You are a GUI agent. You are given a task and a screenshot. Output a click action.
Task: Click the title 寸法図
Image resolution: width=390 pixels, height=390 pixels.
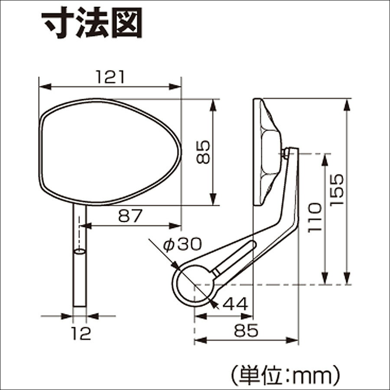pos(92,23)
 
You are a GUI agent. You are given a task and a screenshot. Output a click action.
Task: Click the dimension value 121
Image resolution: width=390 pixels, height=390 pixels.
pos(110,77)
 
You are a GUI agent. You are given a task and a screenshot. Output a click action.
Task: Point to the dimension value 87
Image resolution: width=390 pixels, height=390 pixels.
pos(130,216)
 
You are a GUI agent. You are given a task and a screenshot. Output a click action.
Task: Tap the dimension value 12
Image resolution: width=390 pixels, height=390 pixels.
pos(81,333)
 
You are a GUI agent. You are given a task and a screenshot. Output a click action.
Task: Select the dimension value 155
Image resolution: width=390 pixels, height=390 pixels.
pos(337,190)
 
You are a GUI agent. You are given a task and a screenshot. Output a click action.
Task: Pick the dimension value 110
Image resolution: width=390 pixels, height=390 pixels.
pos(315,218)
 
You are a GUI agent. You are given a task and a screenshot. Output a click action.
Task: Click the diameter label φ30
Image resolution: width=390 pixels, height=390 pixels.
pos(182,244)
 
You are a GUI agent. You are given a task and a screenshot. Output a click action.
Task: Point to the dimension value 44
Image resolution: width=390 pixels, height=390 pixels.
pos(235,303)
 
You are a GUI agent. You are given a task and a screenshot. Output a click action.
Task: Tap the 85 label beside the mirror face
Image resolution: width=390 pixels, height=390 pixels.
pos(203,152)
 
